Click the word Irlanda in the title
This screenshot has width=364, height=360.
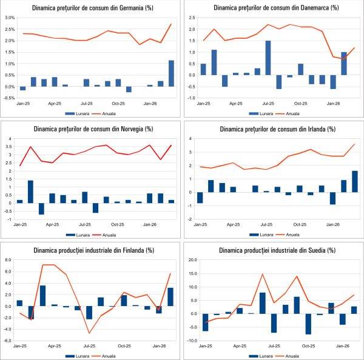pyautogui.click(x=303, y=128)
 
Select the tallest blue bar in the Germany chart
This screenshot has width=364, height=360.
pyautogui.click(x=171, y=73)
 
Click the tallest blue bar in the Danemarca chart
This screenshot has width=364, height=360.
pyautogui.click(x=268, y=58)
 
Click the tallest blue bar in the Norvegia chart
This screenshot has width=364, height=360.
pyautogui.click(x=30, y=192)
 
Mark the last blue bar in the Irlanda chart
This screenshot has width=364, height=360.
pyautogui.click(x=354, y=181)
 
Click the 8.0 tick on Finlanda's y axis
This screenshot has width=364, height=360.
pyautogui.click(x=8, y=260)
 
